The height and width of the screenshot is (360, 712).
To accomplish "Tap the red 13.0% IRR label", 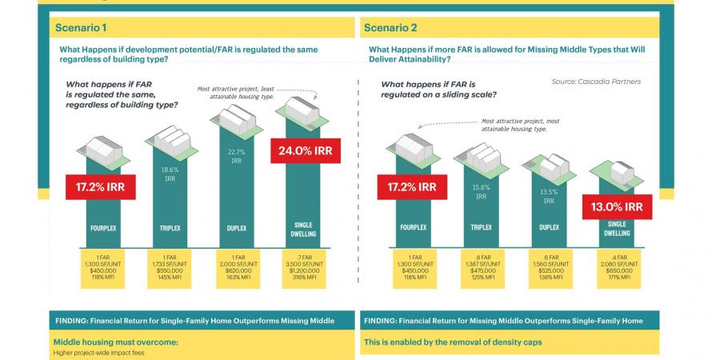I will [618, 206].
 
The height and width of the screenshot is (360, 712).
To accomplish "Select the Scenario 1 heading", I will [82, 28].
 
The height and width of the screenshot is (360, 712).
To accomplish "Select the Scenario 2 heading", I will [390, 28].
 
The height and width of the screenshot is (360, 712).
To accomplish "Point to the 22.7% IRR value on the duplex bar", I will [236, 155].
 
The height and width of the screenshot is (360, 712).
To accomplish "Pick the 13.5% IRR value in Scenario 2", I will [549, 196].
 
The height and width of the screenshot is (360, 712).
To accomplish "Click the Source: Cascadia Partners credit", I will [596, 82].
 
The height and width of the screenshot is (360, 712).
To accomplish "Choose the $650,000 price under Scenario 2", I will [616, 270].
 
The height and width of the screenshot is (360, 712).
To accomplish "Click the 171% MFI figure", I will [616, 278].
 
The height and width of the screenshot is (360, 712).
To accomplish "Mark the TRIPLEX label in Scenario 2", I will [481, 227].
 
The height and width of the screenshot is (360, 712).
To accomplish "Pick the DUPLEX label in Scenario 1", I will [236, 227].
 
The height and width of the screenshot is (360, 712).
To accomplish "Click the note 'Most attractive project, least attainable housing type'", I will [239, 92].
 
